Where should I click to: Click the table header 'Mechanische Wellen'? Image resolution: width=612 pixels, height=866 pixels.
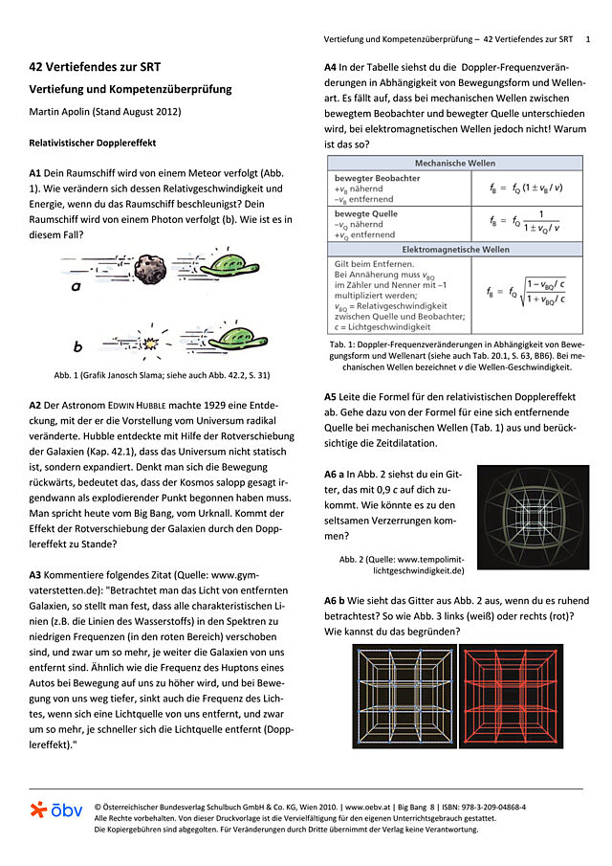(x=454, y=164)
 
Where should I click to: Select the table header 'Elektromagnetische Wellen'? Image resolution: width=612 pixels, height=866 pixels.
(x=454, y=249)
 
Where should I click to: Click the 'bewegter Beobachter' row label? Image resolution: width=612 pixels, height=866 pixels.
(x=376, y=178)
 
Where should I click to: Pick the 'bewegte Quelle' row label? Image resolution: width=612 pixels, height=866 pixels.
(x=365, y=213)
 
